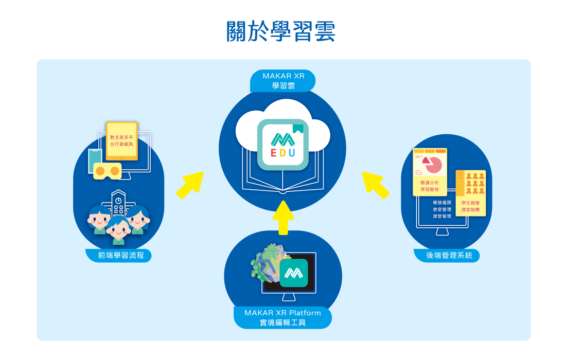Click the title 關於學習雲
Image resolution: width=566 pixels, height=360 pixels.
pos(281,32)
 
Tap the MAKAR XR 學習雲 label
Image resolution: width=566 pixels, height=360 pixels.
pos(282,81)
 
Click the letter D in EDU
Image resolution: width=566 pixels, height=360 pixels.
pos(282,153)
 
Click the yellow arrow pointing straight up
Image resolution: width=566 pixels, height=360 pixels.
pos(282,218)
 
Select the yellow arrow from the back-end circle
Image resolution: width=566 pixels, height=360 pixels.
pos(376,185)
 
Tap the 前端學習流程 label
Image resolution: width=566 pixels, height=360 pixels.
pos(118,255)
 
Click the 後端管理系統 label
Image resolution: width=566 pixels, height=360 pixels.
pos(447,255)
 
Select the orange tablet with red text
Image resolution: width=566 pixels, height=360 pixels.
pos(122,140)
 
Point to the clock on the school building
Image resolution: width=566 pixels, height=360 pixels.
pos(118,201)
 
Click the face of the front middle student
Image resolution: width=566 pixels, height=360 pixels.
pos(118,231)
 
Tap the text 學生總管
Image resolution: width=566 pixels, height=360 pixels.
pos(470,203)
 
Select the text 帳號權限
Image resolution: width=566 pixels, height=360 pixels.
pos(442,203)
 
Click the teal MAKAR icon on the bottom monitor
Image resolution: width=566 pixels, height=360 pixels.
pos(294,273)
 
